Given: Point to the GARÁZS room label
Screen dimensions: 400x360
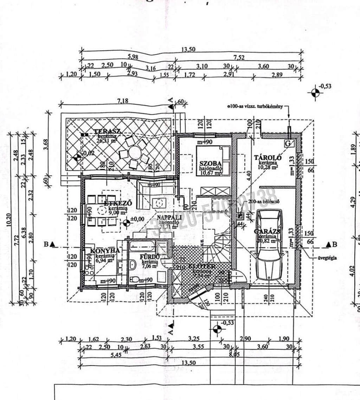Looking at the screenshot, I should (267, 231).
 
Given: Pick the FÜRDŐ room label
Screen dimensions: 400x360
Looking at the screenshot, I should (150, 257).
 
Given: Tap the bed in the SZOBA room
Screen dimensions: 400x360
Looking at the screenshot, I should (212, 160).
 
